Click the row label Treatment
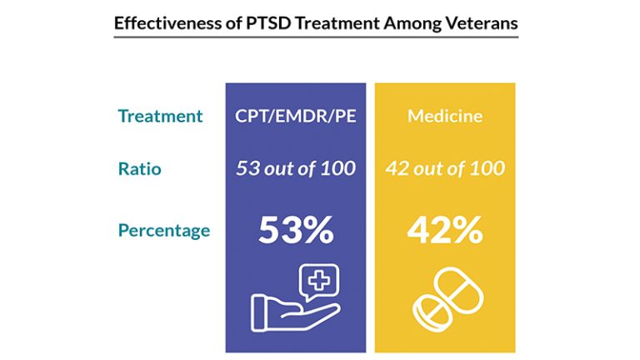click(x=160, y=116)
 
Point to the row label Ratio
click(x=139, y=168)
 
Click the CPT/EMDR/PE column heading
click(x=295, y=116)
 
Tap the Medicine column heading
click(x=444, y=116)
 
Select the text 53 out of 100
click(x=295, y=168)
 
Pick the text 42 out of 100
click(x=444, y=168)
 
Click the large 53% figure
click(x=295, y=229)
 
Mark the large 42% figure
click(x=444, y=229)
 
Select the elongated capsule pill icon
click(x=457, y=290)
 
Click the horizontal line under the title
click(x=316, y=37)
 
